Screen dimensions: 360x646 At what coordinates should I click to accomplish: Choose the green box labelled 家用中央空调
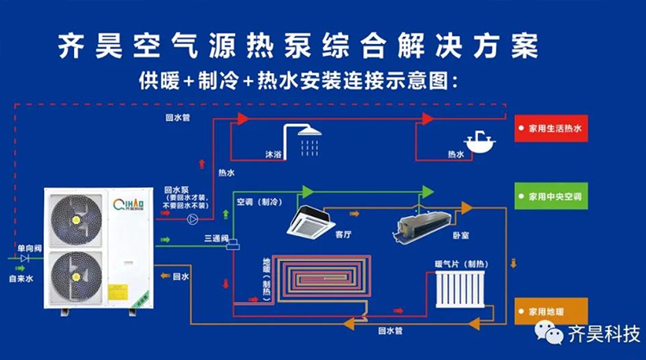[x=551, y=197]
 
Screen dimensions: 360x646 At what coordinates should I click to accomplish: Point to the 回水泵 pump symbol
[x=190, y=219]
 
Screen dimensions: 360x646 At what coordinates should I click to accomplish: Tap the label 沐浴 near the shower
[x=272, y=156]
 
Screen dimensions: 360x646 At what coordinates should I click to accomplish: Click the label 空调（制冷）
[x=258, y=201]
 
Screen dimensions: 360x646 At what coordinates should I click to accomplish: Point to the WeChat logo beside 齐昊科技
[x=548, y=332]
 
